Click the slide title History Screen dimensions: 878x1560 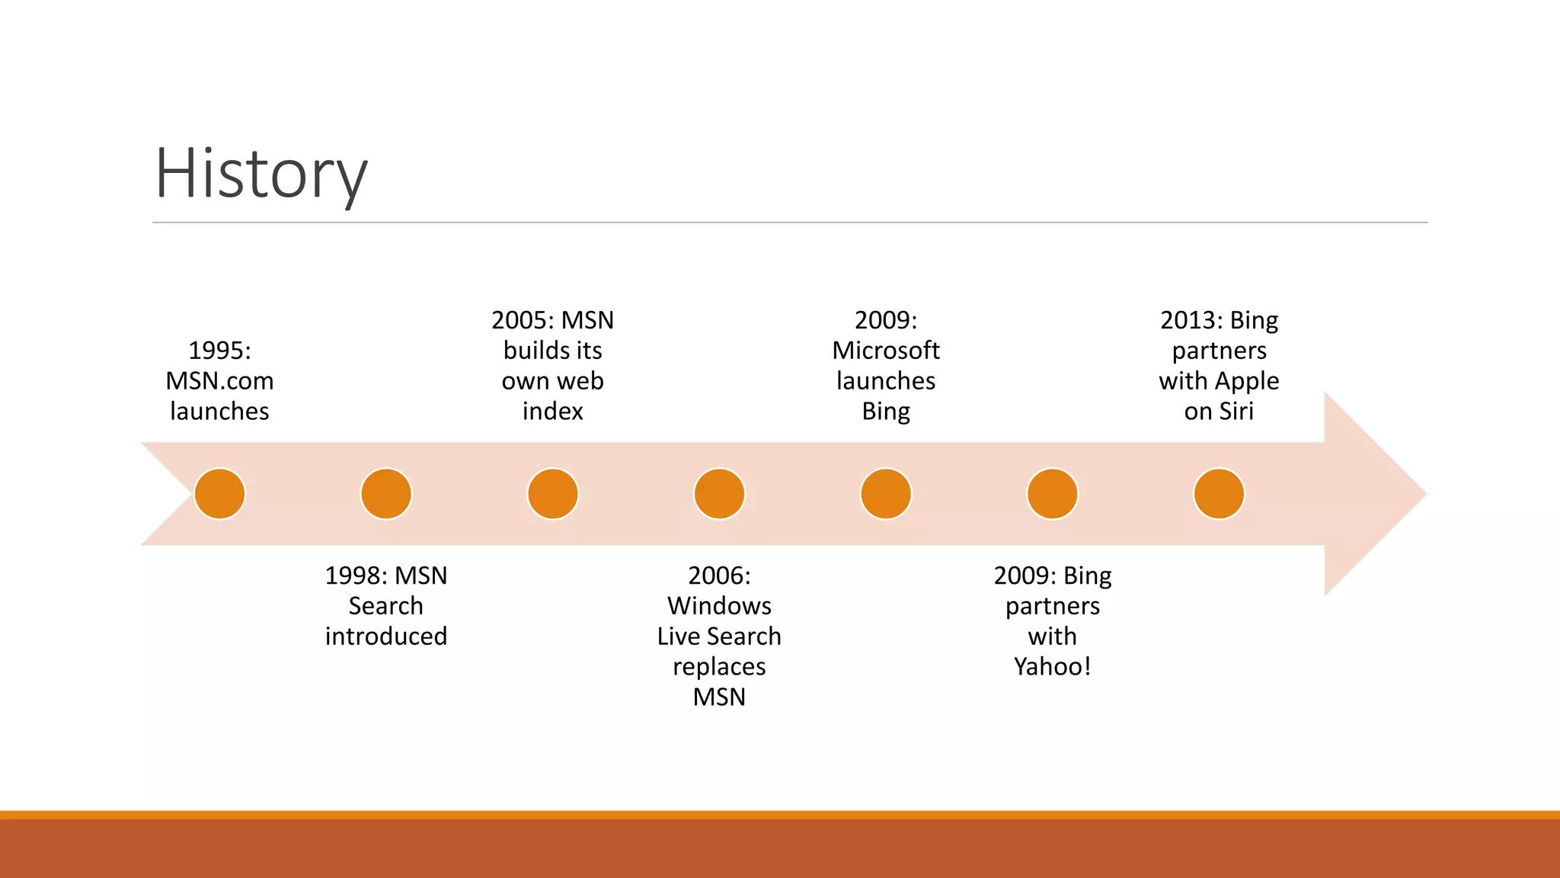[261, 174]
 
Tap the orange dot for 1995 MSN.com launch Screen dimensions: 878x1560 [219, 494]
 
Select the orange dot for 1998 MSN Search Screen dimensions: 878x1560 [386, 494]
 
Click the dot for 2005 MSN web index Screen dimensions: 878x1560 [553, 494]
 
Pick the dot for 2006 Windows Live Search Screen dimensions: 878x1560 [719, 494]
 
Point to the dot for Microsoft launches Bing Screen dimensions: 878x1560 [886, 494]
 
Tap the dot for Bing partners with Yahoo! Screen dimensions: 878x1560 [1053, 494]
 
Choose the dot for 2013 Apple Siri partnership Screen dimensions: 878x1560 [1219, 494]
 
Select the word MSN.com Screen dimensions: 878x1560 [219, 381]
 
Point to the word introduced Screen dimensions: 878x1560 [386, 636]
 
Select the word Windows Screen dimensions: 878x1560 [719, 606]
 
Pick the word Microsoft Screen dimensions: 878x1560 [886, 351]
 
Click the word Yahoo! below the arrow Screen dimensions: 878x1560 [1053, 667]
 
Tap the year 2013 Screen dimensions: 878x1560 [1187, 320]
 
